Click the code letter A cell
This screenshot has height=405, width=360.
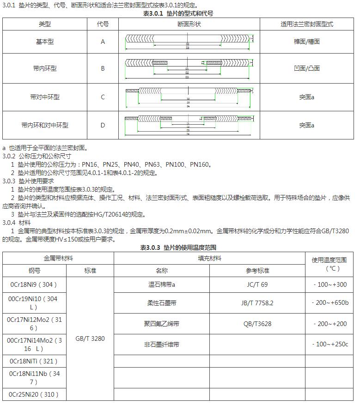103,42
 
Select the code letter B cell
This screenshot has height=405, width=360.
103,68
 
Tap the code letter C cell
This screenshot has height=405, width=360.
103,97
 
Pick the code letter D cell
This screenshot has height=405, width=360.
103,125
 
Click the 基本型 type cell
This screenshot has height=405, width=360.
45,42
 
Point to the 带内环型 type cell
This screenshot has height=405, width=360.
45,68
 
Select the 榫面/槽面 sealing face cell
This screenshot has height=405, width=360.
306,42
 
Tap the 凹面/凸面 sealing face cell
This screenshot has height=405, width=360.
306,68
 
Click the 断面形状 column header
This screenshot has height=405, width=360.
189,24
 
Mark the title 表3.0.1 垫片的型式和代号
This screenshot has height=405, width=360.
179,13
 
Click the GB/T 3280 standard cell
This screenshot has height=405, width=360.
90,339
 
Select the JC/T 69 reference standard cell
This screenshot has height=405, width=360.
257,284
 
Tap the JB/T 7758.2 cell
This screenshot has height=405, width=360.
257,303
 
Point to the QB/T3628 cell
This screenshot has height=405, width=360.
257,324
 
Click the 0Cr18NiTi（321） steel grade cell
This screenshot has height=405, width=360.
33,361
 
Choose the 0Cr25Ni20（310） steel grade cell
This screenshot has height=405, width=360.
33,394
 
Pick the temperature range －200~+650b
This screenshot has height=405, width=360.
330,303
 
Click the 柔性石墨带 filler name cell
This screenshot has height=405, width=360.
161,303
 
